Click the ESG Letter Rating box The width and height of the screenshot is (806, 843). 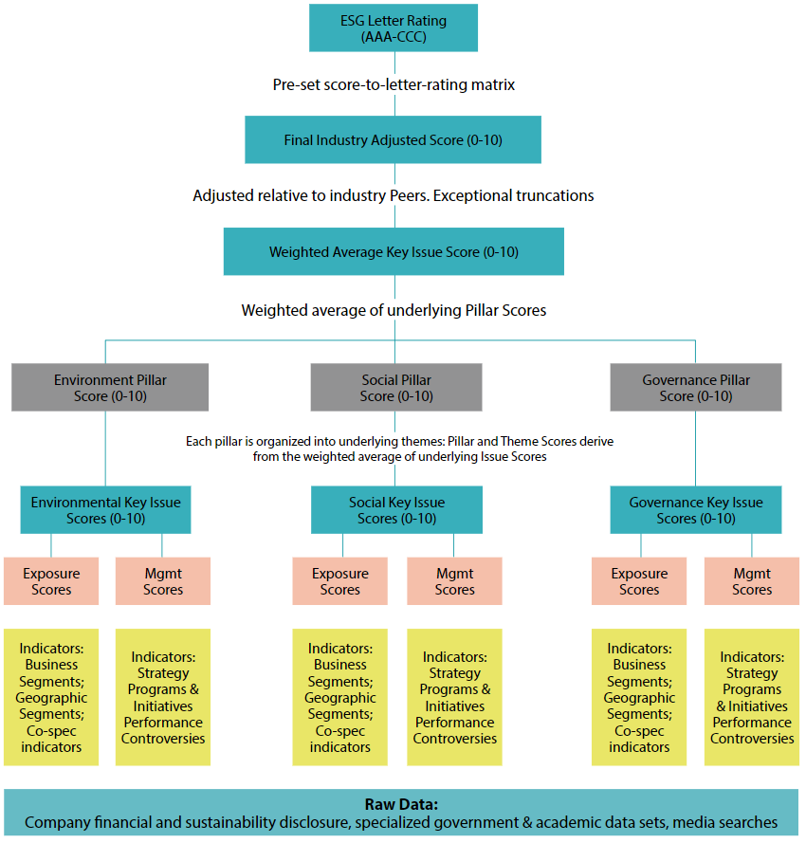point(393,27)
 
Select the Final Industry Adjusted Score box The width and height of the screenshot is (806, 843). point(393,140)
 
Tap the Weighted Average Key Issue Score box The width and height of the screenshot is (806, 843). point(394,252)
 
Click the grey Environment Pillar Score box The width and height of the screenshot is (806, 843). point(110,388)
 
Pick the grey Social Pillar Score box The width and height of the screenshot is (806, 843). point(396,388)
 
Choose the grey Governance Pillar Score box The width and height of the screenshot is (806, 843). point(696,388)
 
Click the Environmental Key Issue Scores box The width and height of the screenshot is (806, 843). point(105,510)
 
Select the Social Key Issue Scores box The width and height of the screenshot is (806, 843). point(396,510)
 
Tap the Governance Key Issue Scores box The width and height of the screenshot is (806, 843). point(696,510)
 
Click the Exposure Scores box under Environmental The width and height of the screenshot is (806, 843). point(51,581)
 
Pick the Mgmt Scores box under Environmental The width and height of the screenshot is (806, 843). point(163,581)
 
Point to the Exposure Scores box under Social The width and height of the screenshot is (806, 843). point(339,581)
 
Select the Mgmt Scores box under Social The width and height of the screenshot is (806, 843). point(454,581)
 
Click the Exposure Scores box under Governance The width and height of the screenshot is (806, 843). point(639,581)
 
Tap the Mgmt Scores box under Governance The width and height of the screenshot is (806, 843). point(752,581)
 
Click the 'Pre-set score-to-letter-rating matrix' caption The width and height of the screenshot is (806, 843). point(394,84)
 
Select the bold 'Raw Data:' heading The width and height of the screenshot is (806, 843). point(401,804)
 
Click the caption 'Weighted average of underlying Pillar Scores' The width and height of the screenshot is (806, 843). point(394,310)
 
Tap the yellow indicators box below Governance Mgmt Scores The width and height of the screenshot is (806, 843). point(752,697)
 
